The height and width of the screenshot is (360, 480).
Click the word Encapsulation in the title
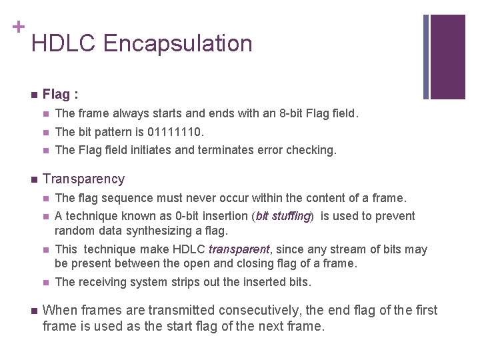(178, 44)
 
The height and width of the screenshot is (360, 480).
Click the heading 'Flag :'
(62, 94)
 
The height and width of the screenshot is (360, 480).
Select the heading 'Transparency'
(83, 179)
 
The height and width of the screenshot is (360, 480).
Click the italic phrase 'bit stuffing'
(283, 216)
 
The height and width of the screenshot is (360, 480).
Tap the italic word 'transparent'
(239, 249)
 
